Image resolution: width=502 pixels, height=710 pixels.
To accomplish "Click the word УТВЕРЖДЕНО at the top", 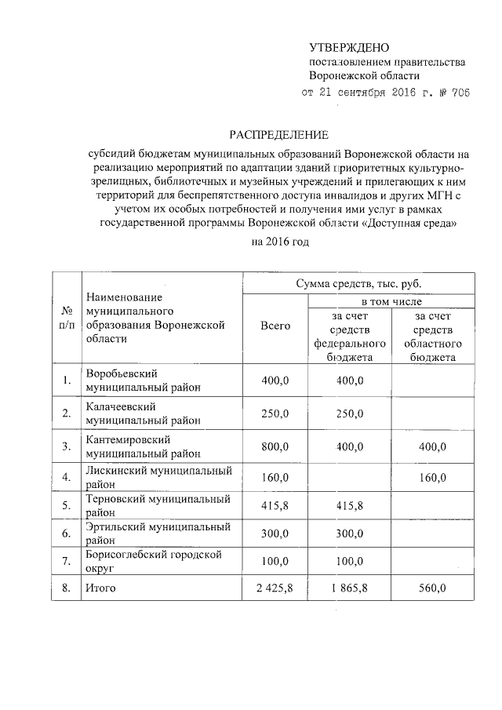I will [349, 49].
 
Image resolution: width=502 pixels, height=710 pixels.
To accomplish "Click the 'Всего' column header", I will [275, 326].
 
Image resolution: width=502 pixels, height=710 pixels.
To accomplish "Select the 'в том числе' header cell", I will [391, 301].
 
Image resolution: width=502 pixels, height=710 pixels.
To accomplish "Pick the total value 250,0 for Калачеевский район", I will [275, 413].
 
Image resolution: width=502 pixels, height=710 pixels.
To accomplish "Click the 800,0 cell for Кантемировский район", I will [275, 446].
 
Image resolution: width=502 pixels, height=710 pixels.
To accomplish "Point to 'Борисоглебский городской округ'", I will [154, 560].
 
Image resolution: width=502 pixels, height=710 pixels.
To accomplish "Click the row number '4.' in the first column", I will [67, 477].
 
